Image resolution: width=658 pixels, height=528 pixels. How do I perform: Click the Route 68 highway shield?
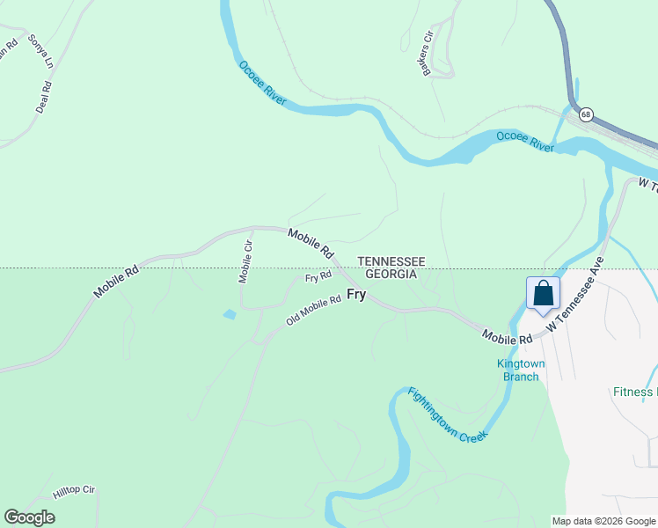point(586,114)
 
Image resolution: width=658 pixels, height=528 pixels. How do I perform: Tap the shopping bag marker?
point(543,293)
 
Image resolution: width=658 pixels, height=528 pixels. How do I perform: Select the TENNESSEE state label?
point(391,261)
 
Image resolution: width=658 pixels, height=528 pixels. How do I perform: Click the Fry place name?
point(355,294)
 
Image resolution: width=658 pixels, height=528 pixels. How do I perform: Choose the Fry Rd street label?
point(318,277)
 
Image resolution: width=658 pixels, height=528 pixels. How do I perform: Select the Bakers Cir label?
point(428,54)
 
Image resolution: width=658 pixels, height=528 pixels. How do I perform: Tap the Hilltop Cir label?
point(74,490)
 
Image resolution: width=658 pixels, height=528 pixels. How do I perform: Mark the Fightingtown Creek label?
point(447,414)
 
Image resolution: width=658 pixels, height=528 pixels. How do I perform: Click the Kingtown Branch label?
point(521,370)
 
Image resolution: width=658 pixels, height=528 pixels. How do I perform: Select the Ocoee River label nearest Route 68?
point(525,141)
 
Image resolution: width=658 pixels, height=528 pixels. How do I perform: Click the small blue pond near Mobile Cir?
point(230,314)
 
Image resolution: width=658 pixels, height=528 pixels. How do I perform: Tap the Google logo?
point(30,517)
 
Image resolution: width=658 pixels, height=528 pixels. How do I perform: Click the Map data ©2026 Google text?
point(604,521)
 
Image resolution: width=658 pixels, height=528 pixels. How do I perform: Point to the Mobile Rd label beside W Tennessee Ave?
point(507,336)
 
